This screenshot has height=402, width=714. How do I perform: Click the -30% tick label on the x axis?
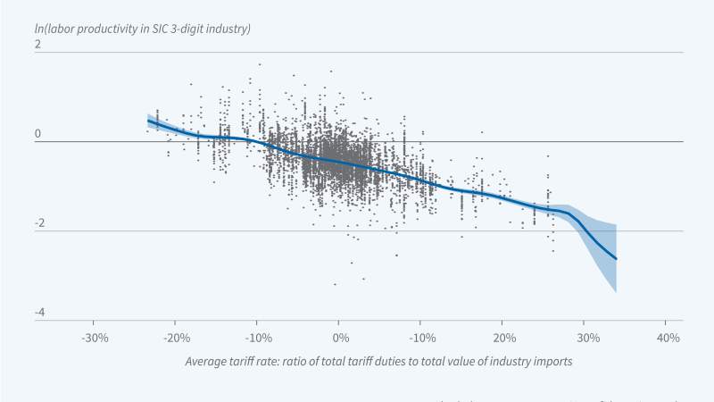[x=95, y=339]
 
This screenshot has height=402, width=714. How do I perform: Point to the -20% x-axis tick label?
[x=176, y=339]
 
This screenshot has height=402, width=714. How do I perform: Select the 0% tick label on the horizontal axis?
[x=340, y=339]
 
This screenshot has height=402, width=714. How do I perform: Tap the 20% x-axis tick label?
[x=502, y=339]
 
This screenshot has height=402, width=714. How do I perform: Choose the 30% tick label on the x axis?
[x=585, y=339]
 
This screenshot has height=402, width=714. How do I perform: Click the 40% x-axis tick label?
[x=667, y=339]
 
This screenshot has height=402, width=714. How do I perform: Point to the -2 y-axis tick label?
[x=37, y=223]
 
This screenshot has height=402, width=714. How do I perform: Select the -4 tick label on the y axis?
[x=37, y=313]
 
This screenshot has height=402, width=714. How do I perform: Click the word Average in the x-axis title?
[x=207, y=362]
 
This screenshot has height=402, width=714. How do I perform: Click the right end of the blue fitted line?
[x=616, y=259]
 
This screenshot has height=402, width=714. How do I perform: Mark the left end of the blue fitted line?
[x=148, y=120]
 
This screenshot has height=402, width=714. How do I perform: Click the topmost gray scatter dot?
[x=260, y=64]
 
